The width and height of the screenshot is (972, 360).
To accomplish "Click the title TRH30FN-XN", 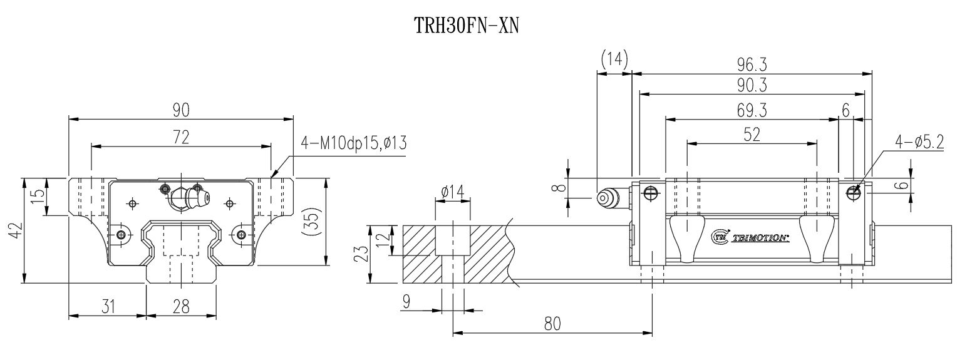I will click(x=467, y=26).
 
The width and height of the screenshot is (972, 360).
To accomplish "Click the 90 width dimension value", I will click(x=181, y=110).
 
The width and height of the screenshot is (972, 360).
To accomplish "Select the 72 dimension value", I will click(x=181, y=137).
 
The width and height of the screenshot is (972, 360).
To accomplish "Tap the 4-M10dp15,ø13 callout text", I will click(x=354, y=143).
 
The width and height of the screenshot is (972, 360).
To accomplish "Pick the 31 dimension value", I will click(x=108, y=306).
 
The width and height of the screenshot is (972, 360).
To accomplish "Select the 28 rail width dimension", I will click(x=181, y=306).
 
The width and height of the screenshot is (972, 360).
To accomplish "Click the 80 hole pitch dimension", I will click(x=552, y=323).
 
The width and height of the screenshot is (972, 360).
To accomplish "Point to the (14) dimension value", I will click(x=614, y=59).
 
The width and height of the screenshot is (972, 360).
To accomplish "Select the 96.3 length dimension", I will click(x=752, y=64).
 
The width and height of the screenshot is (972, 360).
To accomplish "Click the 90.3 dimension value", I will click(x=752, y=85).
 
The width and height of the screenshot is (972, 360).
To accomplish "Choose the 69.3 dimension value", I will click(x=752, y=111).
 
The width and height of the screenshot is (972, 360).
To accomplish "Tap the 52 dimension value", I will click(x=752, y=135).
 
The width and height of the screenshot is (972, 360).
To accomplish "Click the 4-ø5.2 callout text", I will click(x=920, y=143).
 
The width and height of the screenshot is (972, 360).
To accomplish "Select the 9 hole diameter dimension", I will click(x=406, y=302).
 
